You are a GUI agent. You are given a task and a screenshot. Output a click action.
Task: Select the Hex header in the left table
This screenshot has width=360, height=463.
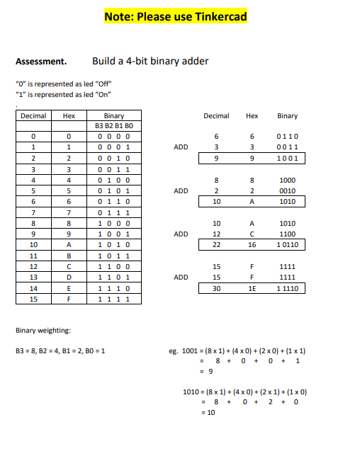tap(69, 116)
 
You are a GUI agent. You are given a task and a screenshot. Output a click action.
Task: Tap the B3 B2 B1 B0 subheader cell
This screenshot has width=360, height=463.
tap(113, 125)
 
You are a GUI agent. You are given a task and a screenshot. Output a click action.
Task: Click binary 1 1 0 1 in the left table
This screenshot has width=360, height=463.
tap(113, 278)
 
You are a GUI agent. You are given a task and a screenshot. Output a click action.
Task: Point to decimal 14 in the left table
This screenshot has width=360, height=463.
tap(33, 289)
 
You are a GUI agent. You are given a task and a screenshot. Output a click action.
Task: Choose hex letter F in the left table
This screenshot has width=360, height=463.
tap(69, 299)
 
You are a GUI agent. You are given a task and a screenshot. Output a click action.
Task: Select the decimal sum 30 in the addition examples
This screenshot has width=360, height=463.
tap(217, 289)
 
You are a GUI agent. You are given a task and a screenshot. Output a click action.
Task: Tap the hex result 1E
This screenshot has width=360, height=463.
tap(252, 289)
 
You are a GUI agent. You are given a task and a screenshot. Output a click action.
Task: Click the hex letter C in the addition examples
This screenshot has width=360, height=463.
tap(252, 233)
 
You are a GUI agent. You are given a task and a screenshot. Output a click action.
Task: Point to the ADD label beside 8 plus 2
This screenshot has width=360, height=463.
tap(181, 190)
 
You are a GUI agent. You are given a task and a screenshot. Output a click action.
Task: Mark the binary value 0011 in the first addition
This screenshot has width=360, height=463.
tap(288, 147)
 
